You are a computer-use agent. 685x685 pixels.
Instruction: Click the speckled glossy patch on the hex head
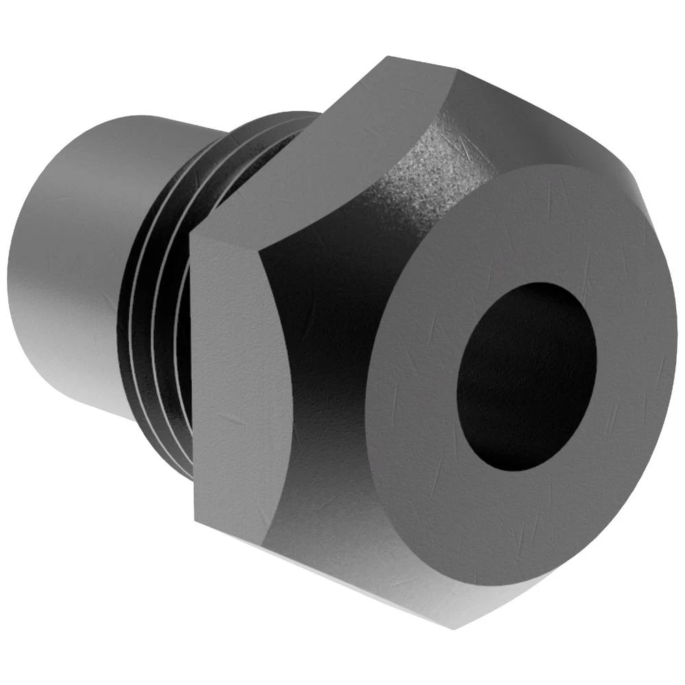pyautogui.click(x=425, y=164)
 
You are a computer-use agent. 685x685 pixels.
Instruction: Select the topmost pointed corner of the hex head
pyautogui.click(x=390, y=58)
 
